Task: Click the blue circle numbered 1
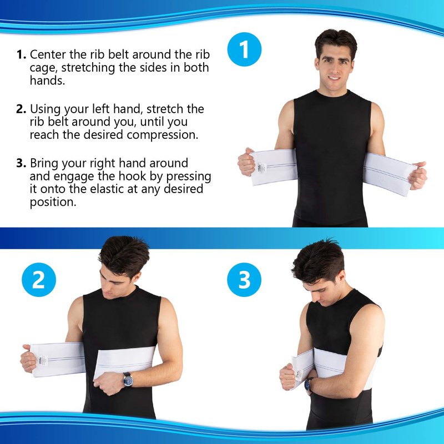[244, 49]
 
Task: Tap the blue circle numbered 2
[39, 280]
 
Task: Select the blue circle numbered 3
[244, 280]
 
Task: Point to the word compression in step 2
[162, 135]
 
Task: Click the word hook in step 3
[130, 176]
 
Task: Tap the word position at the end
[53, 203]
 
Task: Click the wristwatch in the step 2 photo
[128, 380]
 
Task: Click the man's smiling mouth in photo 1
[334, 78]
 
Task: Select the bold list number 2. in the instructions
[21, 109]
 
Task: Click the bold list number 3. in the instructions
[21, 163]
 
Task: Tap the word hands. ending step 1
[47, 80]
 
